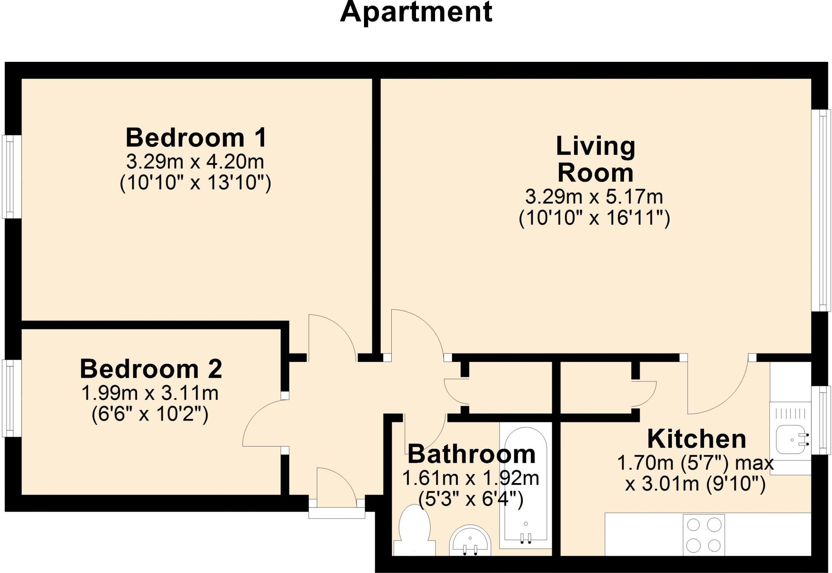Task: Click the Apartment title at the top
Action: click(x=416, y=12)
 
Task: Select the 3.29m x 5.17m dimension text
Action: click(x=594, y=197)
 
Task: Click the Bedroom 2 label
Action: click(x=151, y=369)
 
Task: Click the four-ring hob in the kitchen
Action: click(x=704, y=535)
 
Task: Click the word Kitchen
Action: click(x=696, y=439)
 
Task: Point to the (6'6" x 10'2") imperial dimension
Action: click(x=150, y=414)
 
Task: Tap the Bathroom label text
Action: click(x=471, y=454)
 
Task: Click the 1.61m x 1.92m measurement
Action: click(x=470, y=478)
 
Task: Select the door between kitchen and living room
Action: click(x=717, y=386)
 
